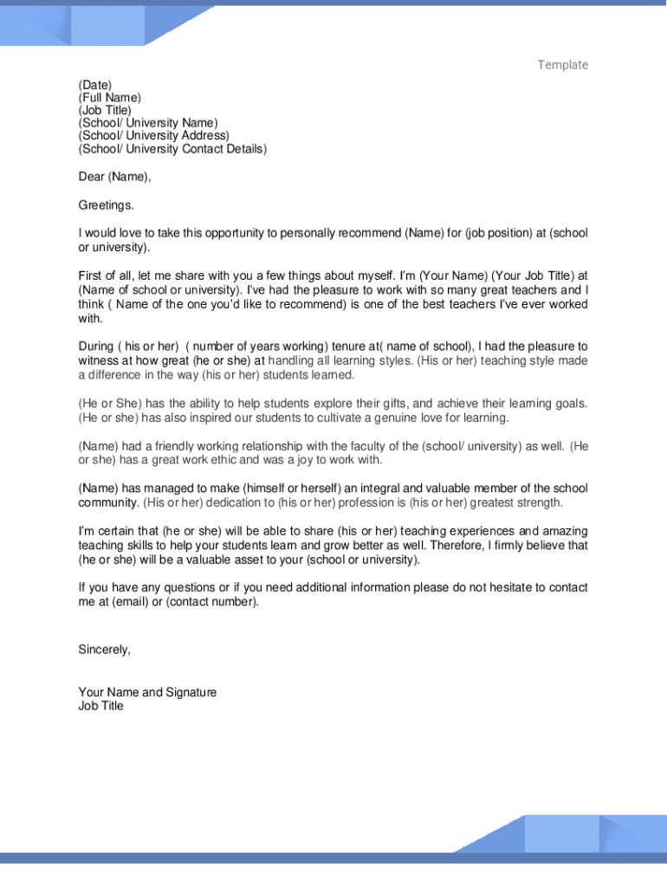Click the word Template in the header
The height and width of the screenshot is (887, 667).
pyautogui.click(x=562, y=65)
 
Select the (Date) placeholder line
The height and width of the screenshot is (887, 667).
pyautogui.click(x=95, y=85)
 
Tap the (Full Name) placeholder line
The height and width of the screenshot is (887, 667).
pyautogui.click(x=109, y=98)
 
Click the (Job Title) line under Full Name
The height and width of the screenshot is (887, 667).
pyautogui.click(x=105, y=111)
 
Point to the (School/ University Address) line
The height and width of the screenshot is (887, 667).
pyautogui.click(x=154, y=136)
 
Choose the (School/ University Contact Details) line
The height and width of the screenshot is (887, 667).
pyautogui.click(x=172, y=149)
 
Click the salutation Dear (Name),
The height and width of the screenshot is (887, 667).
pyautogui.click(x=114, y=177)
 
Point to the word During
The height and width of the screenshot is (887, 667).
pyautogui.click(x=96, y=346)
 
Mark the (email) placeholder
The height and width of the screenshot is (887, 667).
pyautogui.click(x=130, y=602)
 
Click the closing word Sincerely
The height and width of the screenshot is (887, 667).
pyautogui.click(x=104, y=650)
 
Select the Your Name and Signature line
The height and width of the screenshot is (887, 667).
pyautogui.click(x=147, y=692)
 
